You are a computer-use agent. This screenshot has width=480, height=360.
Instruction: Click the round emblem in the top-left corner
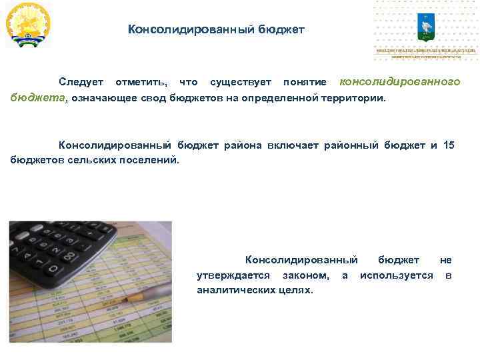[x=27, y=25]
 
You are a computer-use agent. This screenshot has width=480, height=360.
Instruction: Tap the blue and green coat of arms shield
[x=425, y=27]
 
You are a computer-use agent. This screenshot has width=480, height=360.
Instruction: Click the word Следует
[x=81, y=82]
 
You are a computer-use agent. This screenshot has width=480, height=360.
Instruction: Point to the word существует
[x=240, y=82]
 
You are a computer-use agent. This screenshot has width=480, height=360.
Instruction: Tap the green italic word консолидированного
[x=400, y=81]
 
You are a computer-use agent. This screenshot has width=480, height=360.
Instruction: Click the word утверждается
[x=233, y=275]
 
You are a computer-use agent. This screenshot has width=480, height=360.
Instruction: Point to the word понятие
[x=305, y=82]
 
